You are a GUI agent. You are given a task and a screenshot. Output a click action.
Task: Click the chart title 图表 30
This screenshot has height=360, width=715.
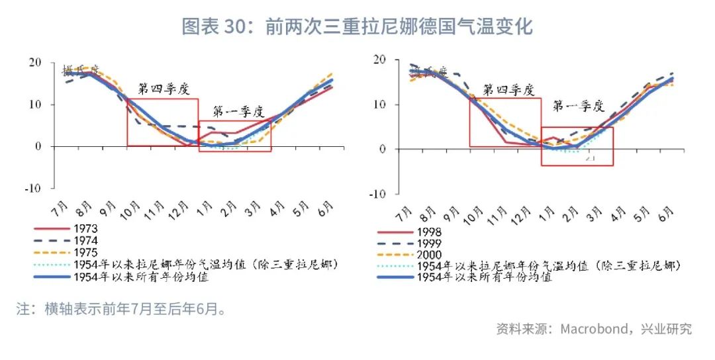pos(357,26)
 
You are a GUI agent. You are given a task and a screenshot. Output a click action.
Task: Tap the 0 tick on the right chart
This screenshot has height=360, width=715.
pos(383,150)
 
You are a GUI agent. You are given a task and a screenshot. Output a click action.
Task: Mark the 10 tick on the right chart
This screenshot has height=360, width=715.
pos(380,105)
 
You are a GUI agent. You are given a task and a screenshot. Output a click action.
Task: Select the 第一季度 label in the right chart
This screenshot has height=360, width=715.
pos(579,105)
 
